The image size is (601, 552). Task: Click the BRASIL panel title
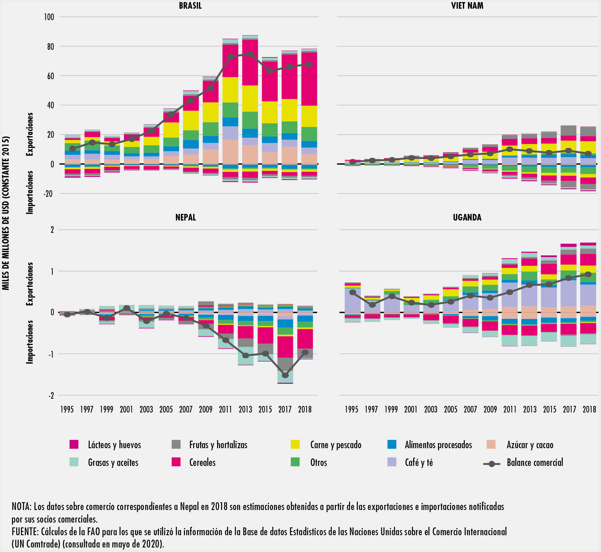point(190,6)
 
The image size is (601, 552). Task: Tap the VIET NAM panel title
point(467,6)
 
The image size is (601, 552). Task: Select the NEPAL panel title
point(185,217)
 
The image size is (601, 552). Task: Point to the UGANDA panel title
point(467,217)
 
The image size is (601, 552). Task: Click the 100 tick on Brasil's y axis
point(49,17)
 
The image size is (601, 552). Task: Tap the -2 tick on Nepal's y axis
point(51,395)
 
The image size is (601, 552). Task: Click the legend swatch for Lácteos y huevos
point(74,444)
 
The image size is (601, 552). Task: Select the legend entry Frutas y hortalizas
point(218,445)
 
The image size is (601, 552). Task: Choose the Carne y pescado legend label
point(336,445)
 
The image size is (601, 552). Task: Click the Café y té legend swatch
point(392,462)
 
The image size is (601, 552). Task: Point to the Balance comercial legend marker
point(492,464)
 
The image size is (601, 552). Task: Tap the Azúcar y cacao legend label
point(530,445)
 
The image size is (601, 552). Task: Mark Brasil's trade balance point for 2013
point(250,54)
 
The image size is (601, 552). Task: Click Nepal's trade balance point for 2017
point(285,375)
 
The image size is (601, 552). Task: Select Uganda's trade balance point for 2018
point(588,274)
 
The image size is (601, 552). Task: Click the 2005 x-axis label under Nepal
point(166,409)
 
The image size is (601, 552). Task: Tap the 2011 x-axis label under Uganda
point(510,409)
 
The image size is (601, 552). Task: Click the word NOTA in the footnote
point(21,507)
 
